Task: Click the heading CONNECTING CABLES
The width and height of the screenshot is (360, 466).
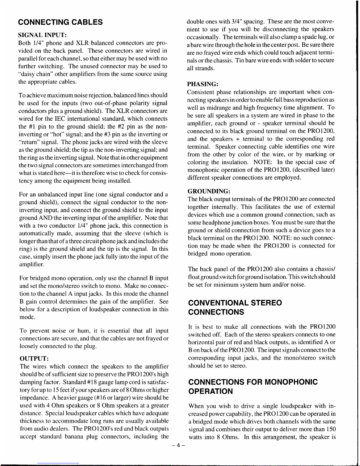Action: (x=60, y=22)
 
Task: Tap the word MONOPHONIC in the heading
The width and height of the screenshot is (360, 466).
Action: (x=291, y=382)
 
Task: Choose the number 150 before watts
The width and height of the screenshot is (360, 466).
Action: (x=331, y=429)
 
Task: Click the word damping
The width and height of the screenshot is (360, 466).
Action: (x=30, y=382)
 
